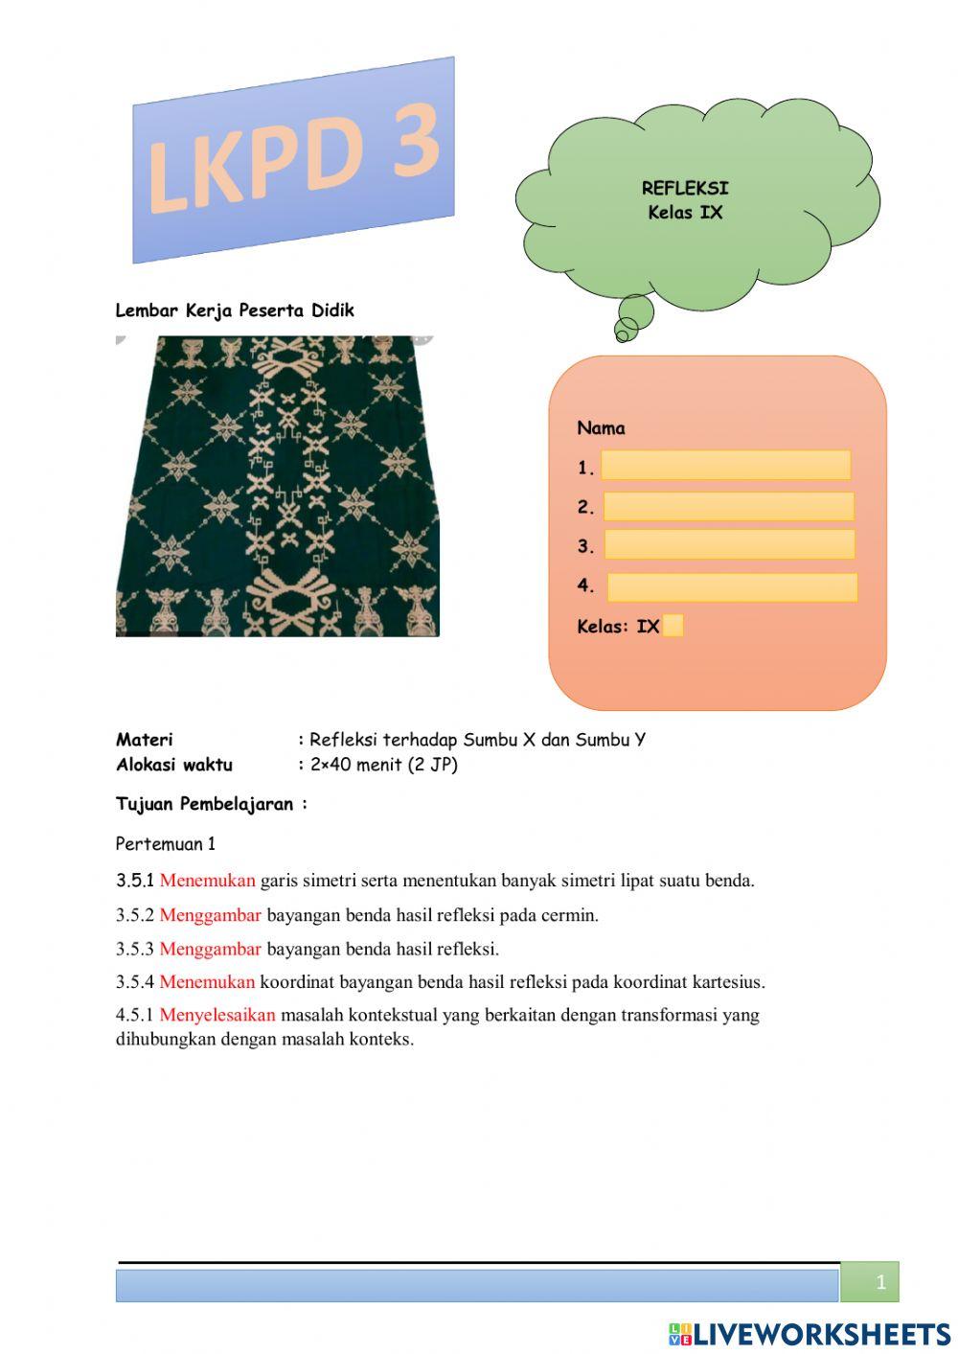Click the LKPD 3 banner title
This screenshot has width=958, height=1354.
pyautogui.click(x=292, y=159)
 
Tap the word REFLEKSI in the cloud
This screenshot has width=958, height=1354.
pyautogui.click(x=685, y=188)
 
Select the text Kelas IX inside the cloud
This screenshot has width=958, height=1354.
pyautogui.click(x=685, y=212)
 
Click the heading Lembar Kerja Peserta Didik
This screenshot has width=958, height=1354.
pyautogui.click(x=235, y=310)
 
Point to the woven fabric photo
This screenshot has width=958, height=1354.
pyautogui.click(x=277, y=486)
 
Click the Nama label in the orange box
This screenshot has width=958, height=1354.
pyautogui.click(x=601, y=428)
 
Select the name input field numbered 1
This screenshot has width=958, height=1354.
pyautogui.click(x=725, y=465)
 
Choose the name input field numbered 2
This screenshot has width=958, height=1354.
pyautogui.click(x=728, y=507)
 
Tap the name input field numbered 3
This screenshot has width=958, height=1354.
pyautogui.click(x=729, y=544)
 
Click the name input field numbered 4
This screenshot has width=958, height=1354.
pyautogui.click(x=732, y=587)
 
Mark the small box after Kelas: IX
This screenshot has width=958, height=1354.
pyautogui.click(x=673, y=626)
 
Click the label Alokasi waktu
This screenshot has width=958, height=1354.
pyautogui.click(x=174, y=765)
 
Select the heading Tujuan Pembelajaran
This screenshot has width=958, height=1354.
pyautogui.click(x=211, y=804)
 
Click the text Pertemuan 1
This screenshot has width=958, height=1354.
pyautogui.click(x=166, y=844)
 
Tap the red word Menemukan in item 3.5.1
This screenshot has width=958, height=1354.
pyautogui.click(x=207, y=881)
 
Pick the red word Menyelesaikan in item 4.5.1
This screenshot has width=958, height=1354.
pyautogui.click(x=217, y=1015)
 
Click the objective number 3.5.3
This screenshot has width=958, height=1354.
pyautogui.click(x=135, y=950)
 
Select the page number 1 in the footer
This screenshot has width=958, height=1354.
pyautogui.click(x=880, y=1282)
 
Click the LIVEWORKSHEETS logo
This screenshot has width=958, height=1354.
pyautogui.click(x=810, y=1334)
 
